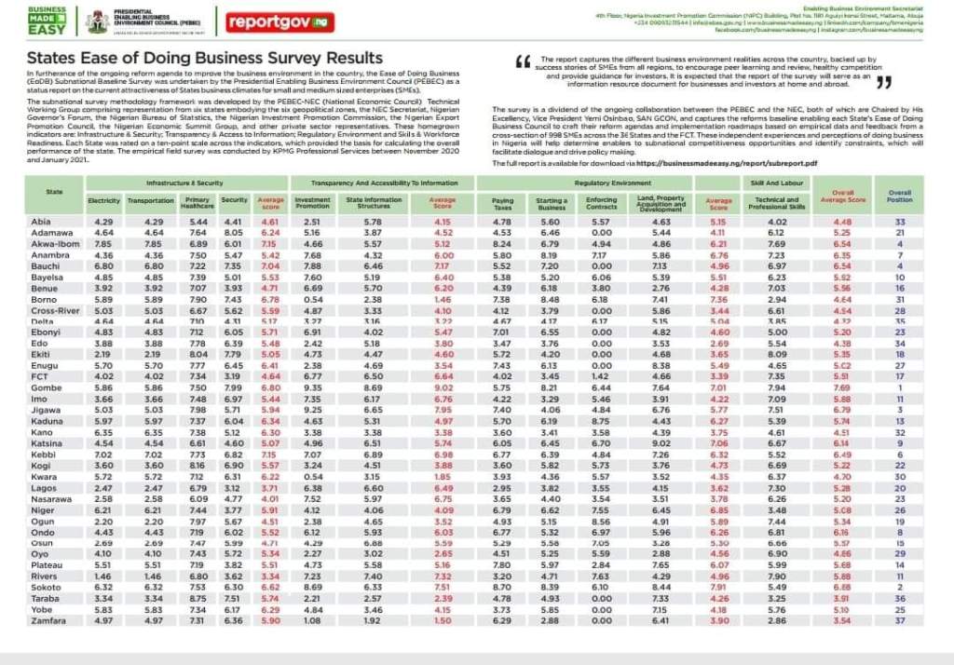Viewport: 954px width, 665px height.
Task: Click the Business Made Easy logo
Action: [48, 20]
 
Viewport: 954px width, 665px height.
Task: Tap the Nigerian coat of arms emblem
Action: [96, 20]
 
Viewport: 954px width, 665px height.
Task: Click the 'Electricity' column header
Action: [104, 200]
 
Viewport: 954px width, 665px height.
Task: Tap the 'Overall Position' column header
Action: [900, 197]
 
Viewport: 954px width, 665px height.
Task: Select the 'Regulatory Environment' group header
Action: [613, 183]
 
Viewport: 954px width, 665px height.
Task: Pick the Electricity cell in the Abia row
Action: [104, 222]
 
